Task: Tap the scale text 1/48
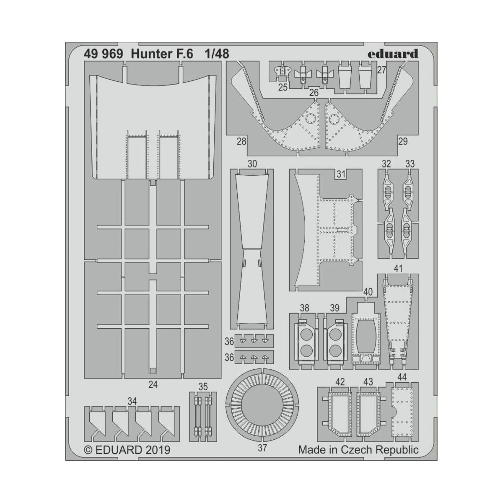(x=217, y=54)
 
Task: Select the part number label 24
(x=153, y=384)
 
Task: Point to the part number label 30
(x=252, y=164)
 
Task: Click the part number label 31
(x=341, y=174)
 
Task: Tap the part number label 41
(x=398, y=268)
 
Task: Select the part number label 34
(x=132, y=402)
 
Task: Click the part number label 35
(x=203, y=386)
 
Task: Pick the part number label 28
(x=241, y=141)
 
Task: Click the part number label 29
(x=402, y=141)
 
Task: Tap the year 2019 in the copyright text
(x=158, y=450)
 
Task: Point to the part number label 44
(x=401, y=377)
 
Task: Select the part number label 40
(x=368, y=292)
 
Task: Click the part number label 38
(x=304, y=308)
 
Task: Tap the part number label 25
(x=283, y=87)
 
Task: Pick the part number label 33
(x=410, y=164)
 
